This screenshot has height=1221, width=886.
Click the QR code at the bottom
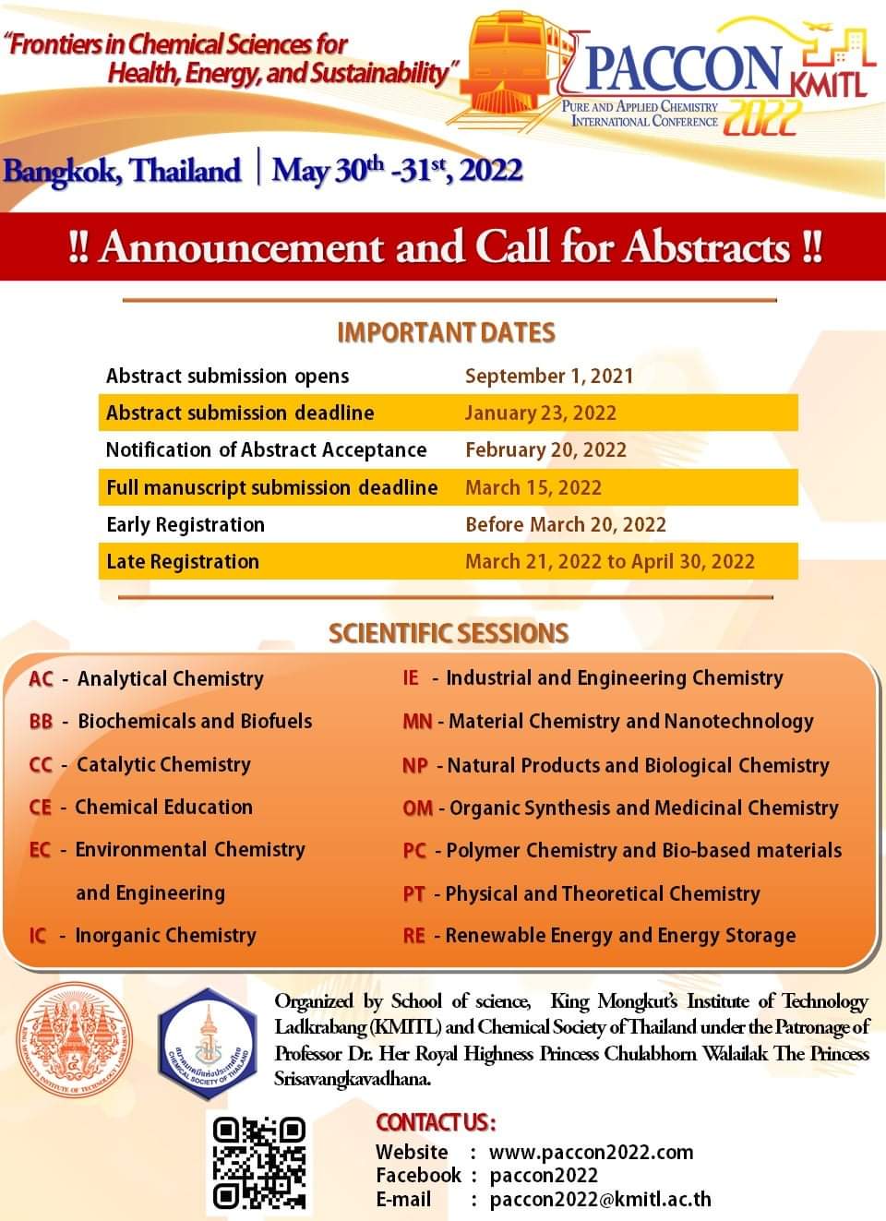259,1163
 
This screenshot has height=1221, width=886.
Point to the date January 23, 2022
540,413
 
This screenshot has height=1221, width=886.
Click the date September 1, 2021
549,376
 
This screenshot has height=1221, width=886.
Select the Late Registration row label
183,561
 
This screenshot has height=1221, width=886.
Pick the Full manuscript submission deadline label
271,487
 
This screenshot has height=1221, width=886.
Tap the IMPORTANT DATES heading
446,332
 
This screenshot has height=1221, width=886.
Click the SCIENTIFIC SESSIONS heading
449,633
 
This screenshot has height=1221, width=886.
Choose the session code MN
417,722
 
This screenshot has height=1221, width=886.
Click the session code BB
41,722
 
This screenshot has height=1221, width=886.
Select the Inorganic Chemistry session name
165,936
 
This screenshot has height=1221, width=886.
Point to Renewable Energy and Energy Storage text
620,936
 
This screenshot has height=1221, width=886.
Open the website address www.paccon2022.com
591,1152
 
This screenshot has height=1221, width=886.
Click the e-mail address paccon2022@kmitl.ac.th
600,1200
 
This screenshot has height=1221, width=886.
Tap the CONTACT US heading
436,1122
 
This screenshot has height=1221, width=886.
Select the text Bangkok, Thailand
122,171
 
